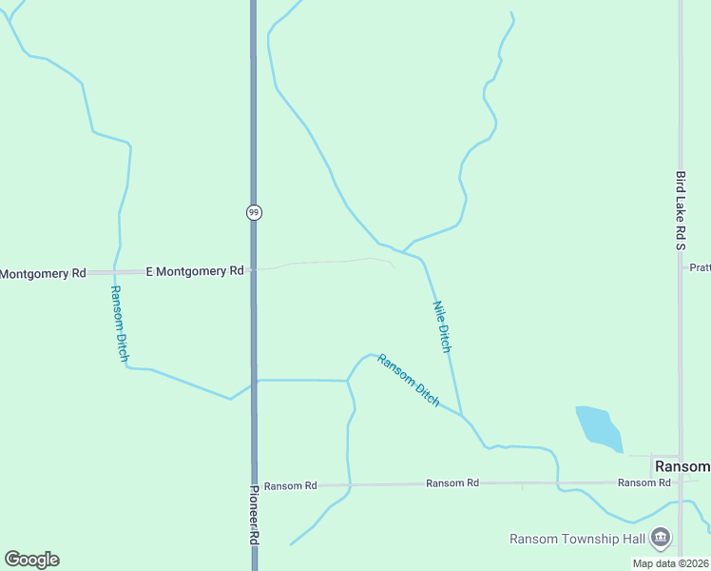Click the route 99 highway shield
pyautogui.click(x=253, y=212)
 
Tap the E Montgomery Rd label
pyautogui.click(x=195, y=271)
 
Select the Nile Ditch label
pyautogui.click(x=442, y=326)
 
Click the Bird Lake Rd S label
pyautogui.click(x=681, y=210)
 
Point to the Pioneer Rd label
pyautogui.click(x=254, y=514)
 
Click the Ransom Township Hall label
pyautogui.click(x=578, y=539)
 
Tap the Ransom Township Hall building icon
pyautogui.click(x=659, y=540)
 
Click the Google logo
pyautogui.click(x=31, y=560)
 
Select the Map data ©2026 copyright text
pyautogui.click(x=670, y=563)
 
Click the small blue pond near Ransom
pyautogui.click(x=597, y=427)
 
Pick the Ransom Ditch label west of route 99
pyautogui.click(x=119, y=324)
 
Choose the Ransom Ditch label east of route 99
pyautogui.click(x=409, y=381)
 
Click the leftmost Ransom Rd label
pyautogui.click(x=290, y=485)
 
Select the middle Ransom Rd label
pyautogui.click(x=452, y=483)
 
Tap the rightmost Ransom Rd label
pyautogui.click(x=644, y=483)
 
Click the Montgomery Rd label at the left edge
pyautogui.click(x=42, y=273)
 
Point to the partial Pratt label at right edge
pyautogui.click(x=700, y=267)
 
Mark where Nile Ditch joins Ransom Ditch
pyautogui.click(x=462, y=415)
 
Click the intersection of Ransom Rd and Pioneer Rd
pyautogui.click(x=254, y=485)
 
